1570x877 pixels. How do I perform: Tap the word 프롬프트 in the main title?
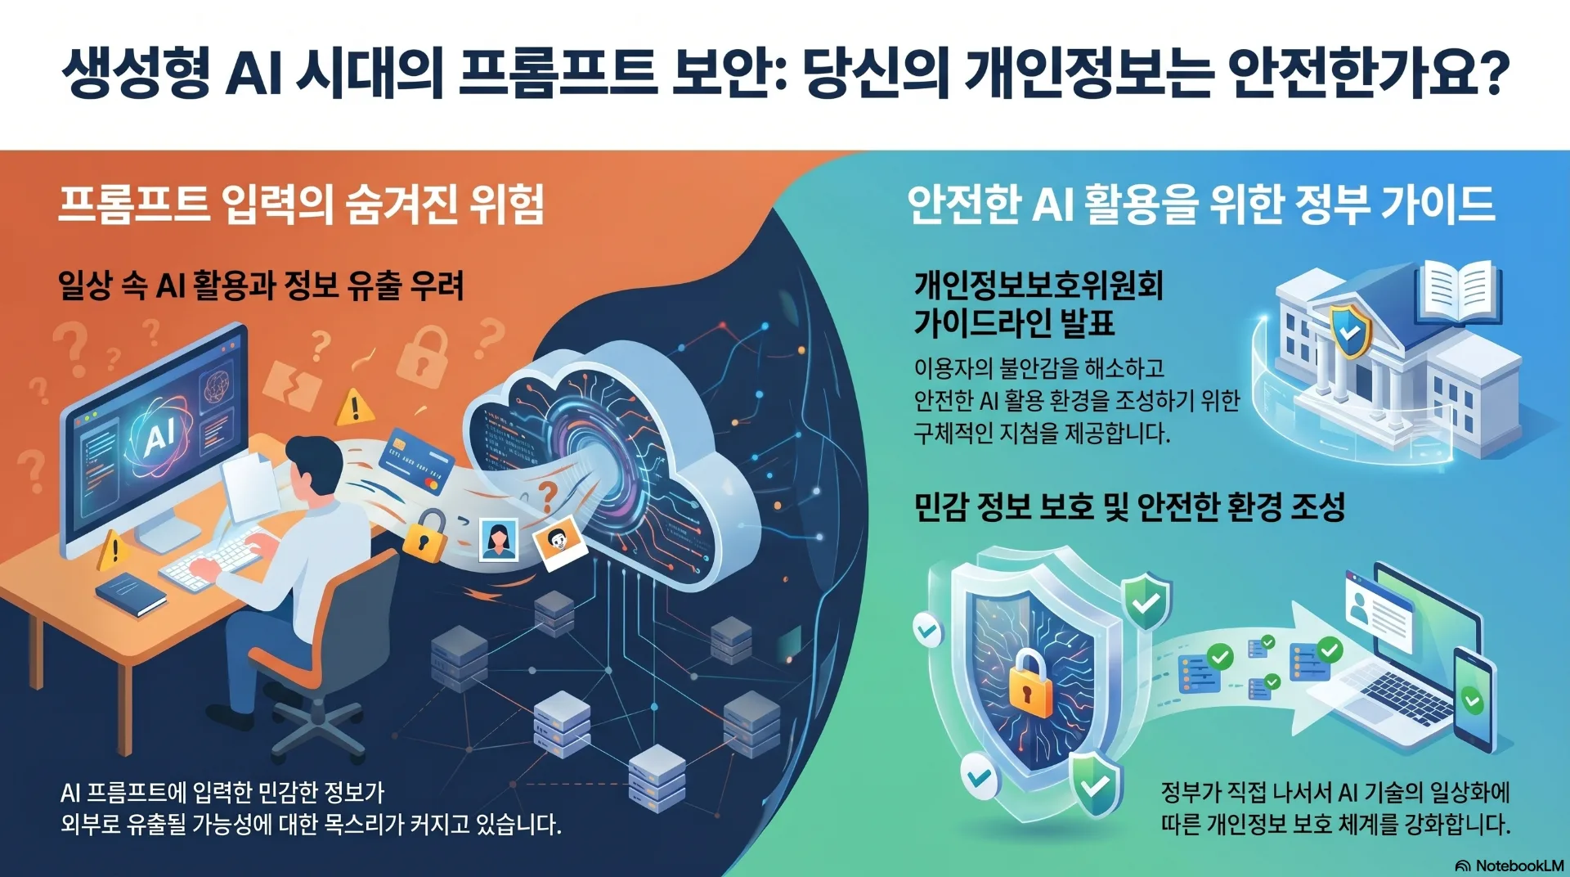(x=558, y=74)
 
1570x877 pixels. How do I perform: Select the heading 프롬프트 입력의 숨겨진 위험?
(x=302, y=204)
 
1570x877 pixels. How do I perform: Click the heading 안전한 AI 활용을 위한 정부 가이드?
(x=1201, y=204)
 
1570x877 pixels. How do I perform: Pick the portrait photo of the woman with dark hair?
(x=498, y=540)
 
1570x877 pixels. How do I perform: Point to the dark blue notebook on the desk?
(x=131, y=594)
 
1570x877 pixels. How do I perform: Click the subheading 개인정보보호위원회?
(x=1038, y=286)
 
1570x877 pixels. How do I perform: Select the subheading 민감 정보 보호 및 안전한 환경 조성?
(x=1129, y=507)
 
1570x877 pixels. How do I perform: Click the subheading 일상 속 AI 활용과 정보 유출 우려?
(x=261, y=286)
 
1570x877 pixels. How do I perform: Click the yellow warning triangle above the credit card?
(x=355, y=407)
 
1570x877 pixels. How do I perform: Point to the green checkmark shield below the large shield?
(x=1094, y=784)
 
